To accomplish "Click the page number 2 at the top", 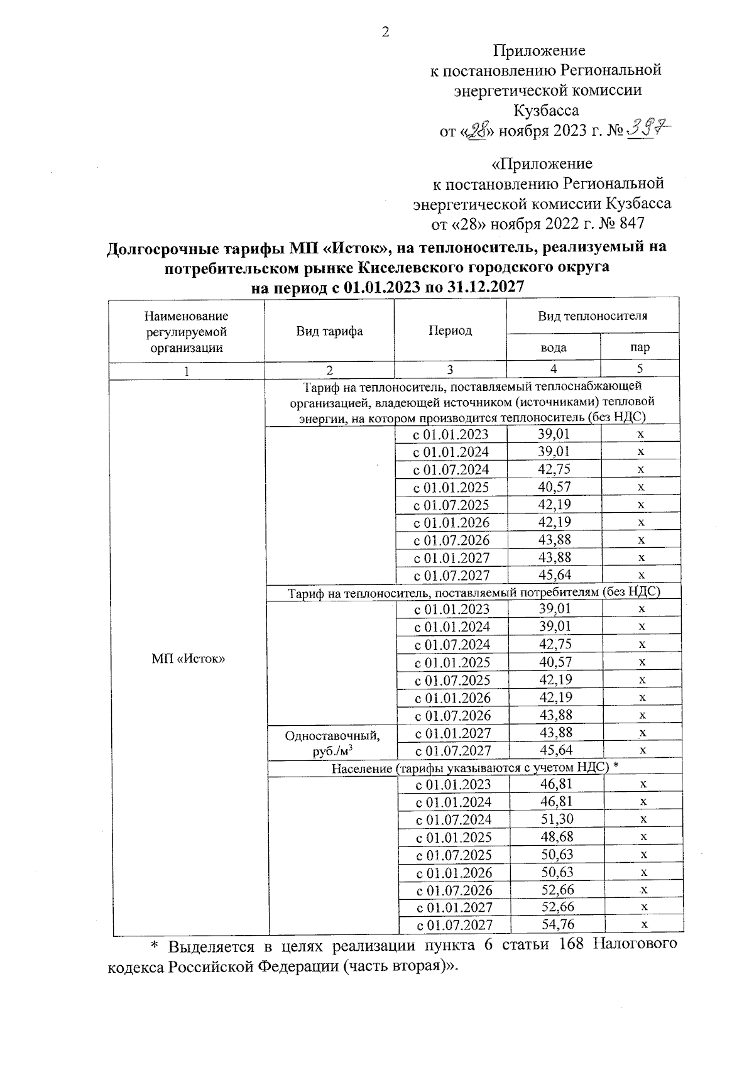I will click(x=386, y=32).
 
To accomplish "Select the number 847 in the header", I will click(x=631, y=224).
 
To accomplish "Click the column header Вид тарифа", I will click(x=329, y=331).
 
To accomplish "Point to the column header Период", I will click(x=450, y=331).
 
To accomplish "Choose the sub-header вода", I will click(x=554, y=347).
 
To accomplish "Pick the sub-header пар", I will click(x=640, y=347).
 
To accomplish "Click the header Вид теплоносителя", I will click(x=592, y=315).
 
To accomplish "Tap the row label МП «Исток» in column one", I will click(x=188, y=658).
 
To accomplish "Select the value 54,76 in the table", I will click(x=557, y=924).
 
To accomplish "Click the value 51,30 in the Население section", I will click(x=557, y=819).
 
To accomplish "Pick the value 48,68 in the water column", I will click(x=557, y=837).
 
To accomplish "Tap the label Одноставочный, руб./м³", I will click(x=332, y=742).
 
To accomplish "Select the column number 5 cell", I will click(x=640, y=369).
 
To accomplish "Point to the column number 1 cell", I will click(x=187, y=371).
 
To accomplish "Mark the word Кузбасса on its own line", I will click(x=546, y=111).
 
